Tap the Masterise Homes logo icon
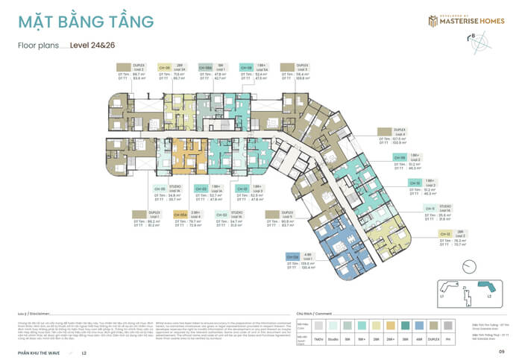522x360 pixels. click(x=432, y=21)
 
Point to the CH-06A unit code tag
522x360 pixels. click(x=206, y=67)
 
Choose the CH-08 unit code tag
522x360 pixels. click(x=246, y=67)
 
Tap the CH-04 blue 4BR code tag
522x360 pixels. click(x=292, y=256)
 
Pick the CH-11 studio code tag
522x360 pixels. click(x=430, y=209)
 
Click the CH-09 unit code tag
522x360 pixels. click(x=400, y=158)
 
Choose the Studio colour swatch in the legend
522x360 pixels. click(x=333, y=324)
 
